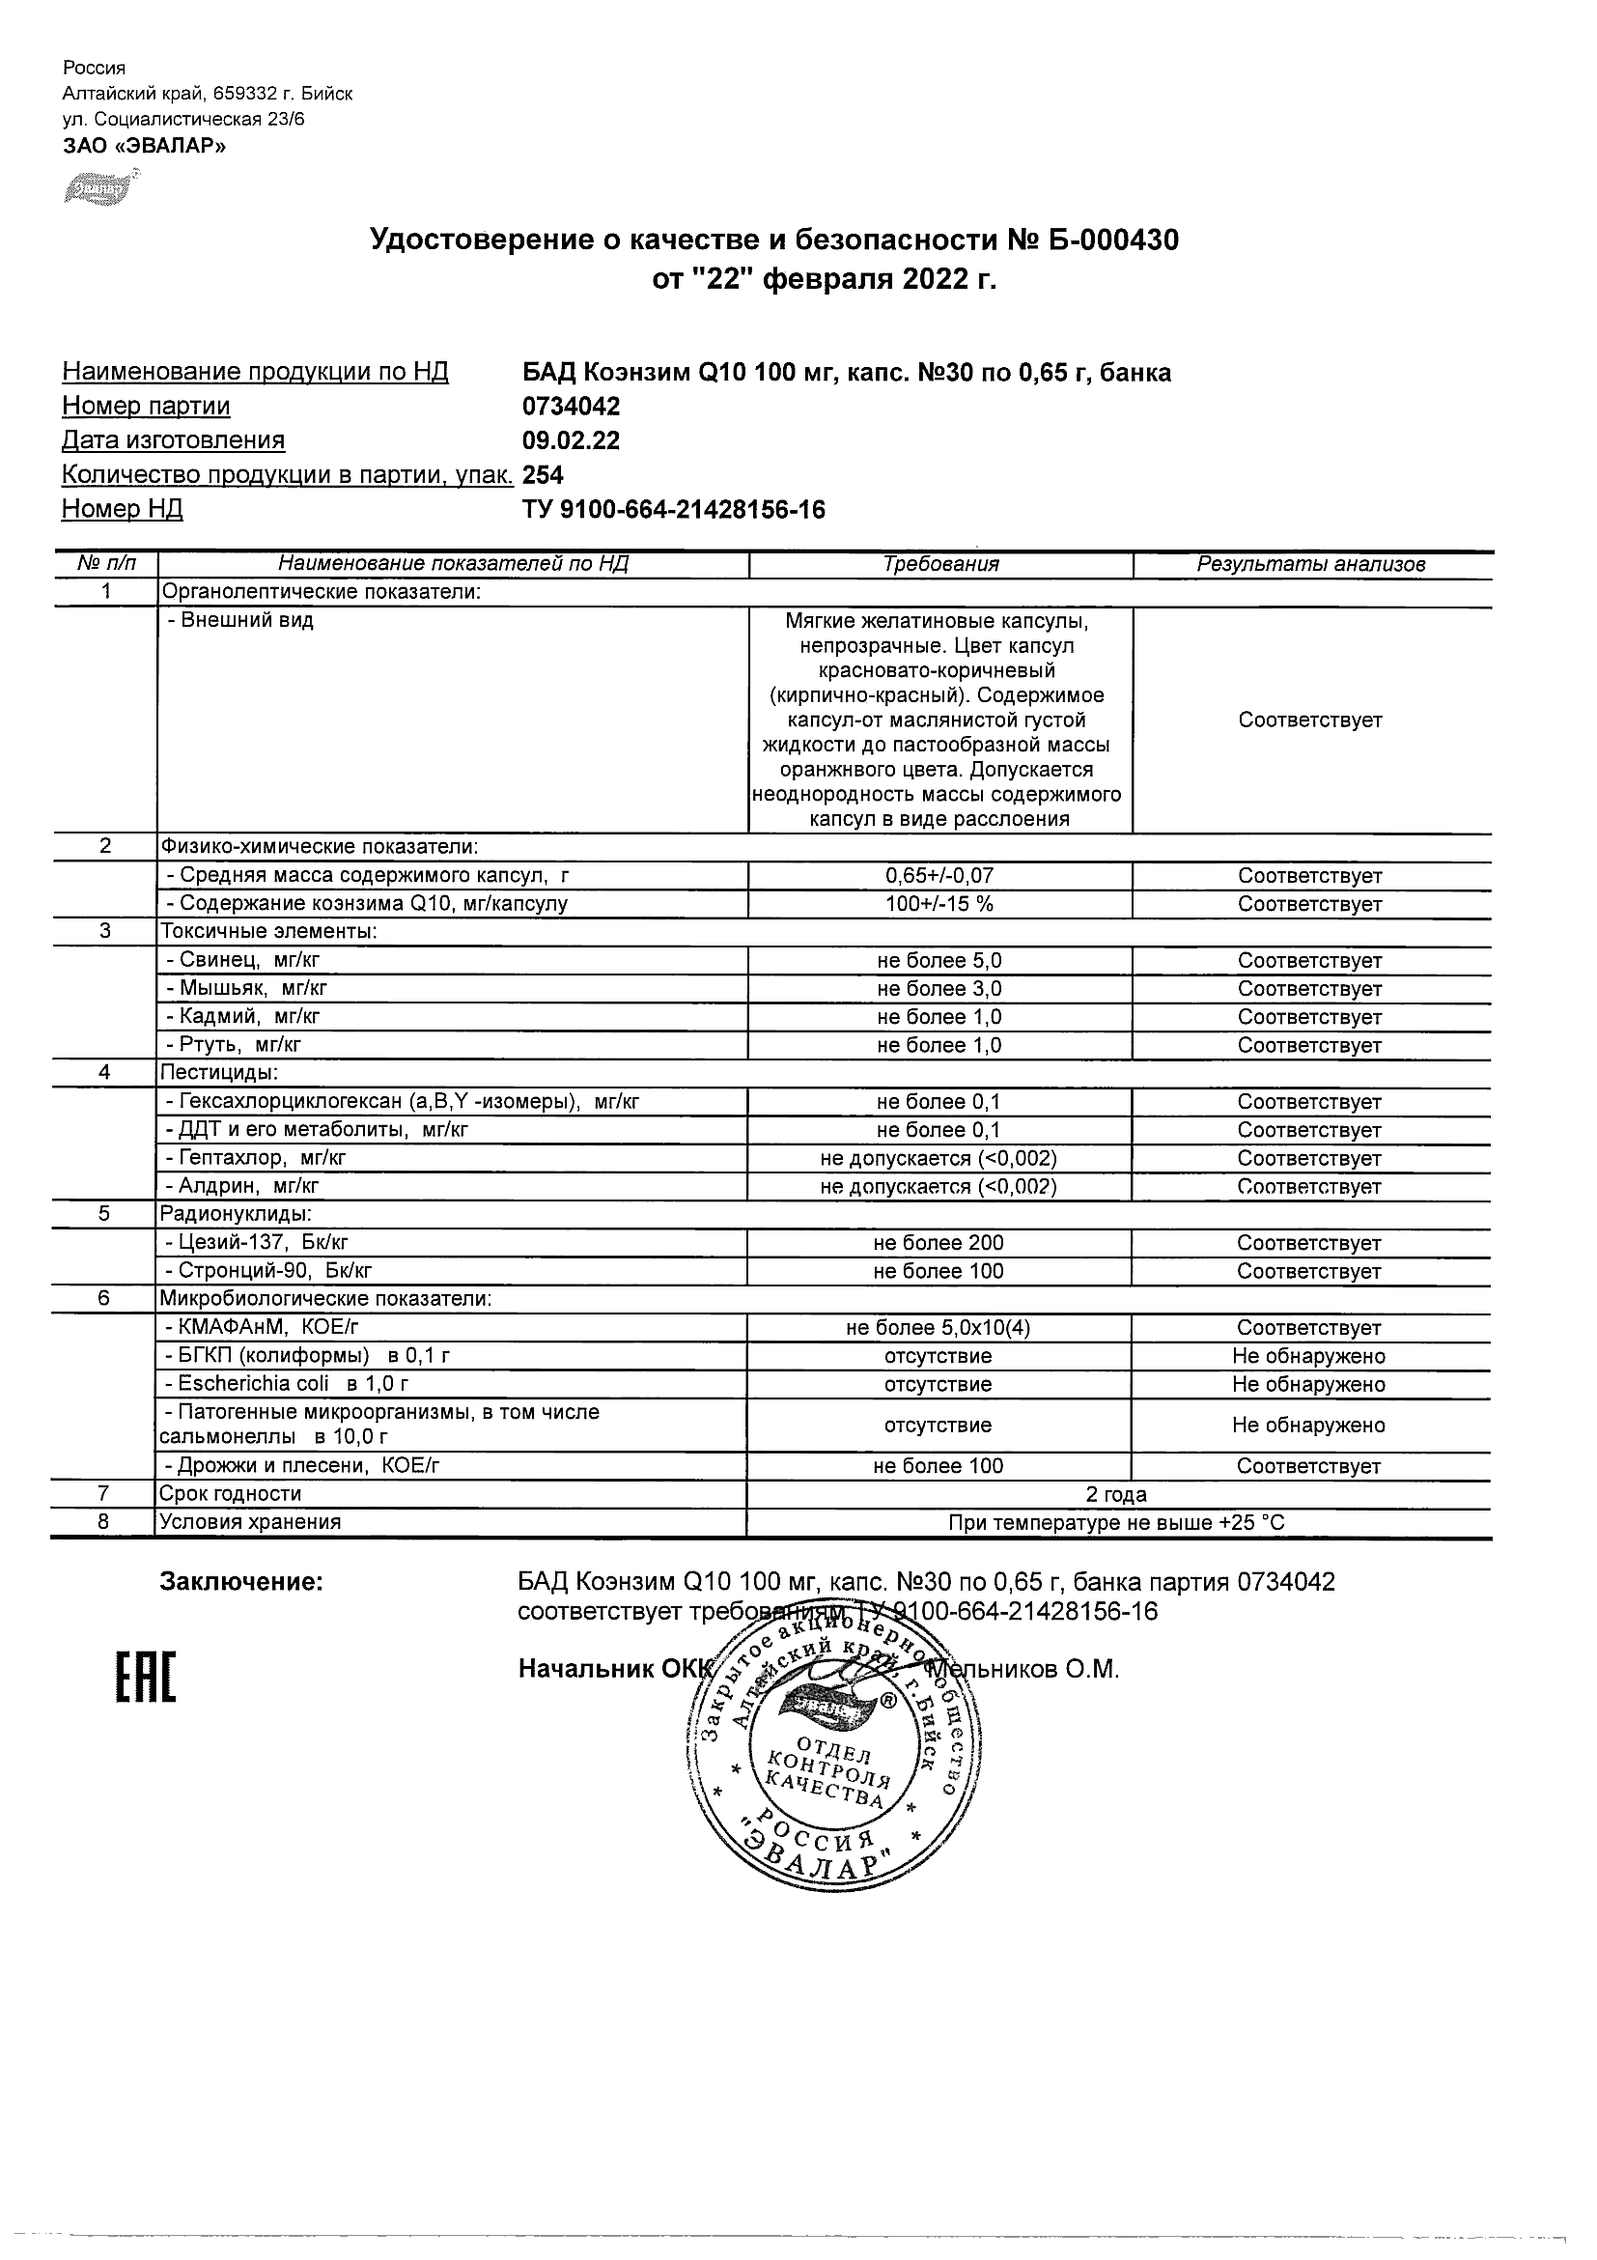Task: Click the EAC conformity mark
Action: (x=147, y=1678)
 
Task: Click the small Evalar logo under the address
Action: (x=98, y=188)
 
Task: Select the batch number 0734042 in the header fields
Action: (x=571, y=407)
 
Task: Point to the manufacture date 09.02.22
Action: (x=571, y=441)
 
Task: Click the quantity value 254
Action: (x=544, y=475)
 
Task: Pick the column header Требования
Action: (x=940, y=564)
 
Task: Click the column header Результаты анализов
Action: (x=1310, y=564)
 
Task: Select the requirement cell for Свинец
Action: (x=939, y=961)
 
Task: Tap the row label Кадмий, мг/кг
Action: (x=243, y=1017)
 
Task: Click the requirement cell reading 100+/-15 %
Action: (x=939, y=904)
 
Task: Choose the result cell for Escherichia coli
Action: (x=1308, y=1385)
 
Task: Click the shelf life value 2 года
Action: (x=1117, y=1494)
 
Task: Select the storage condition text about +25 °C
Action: (x=1117, y=1523)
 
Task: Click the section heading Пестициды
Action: (x=219, y=1073)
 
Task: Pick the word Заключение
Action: (x=241, y=1582)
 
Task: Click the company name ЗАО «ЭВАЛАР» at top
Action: (x=144, y=147)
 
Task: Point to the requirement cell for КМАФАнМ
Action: (x=939, y=1328)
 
